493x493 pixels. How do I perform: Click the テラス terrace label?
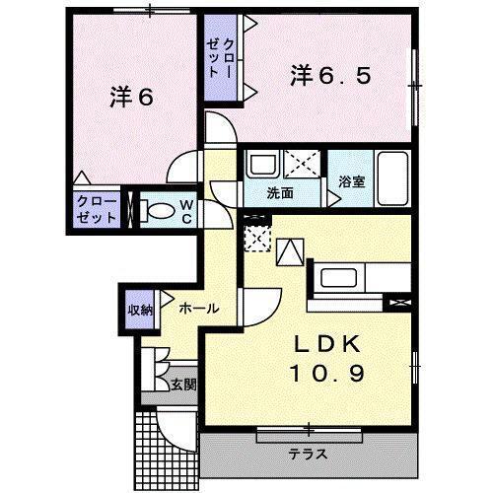click(x=308, y=455)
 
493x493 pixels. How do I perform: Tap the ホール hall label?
click(x=198, y=309)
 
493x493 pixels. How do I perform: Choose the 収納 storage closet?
click(x=139, y=311)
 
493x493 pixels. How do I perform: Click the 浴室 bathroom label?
click(x=352, y=180)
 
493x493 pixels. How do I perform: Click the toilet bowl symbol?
click(x=157, y=209)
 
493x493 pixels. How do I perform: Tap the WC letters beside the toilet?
click(x=184, y=210)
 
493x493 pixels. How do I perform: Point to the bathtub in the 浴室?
click(x=392, y=177)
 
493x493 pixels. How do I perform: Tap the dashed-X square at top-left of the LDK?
click(x=256, y=237)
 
